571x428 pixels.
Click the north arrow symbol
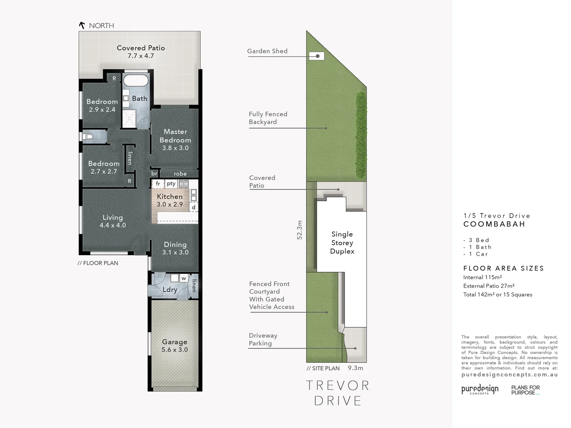click(x=82, y=25)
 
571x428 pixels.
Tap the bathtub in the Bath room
click(x=136, y=80)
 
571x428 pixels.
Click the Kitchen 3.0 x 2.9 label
click(x=170, y=200)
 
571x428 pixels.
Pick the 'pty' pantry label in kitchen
click(x=171, y=183)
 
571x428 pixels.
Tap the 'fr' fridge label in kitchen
click(x=158, y=183)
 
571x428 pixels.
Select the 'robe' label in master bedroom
click(x=180, y=174)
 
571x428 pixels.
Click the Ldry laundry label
click(x=170, y=290)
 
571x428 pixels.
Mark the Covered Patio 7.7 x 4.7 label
click(x=141, y=52)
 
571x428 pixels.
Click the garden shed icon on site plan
click(x=317, y=56)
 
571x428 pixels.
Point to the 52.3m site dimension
click(x=299, y=230)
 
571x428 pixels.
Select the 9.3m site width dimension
click(x=355, y=368)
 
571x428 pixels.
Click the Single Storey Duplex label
click(x=342, y=243)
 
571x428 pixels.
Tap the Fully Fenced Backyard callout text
click(x=268, y=118)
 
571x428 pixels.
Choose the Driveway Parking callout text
click(x=263, y=339)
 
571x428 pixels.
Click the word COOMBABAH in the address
click(x=494, y=224)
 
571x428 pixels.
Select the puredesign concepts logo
click(x=480, y=390)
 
